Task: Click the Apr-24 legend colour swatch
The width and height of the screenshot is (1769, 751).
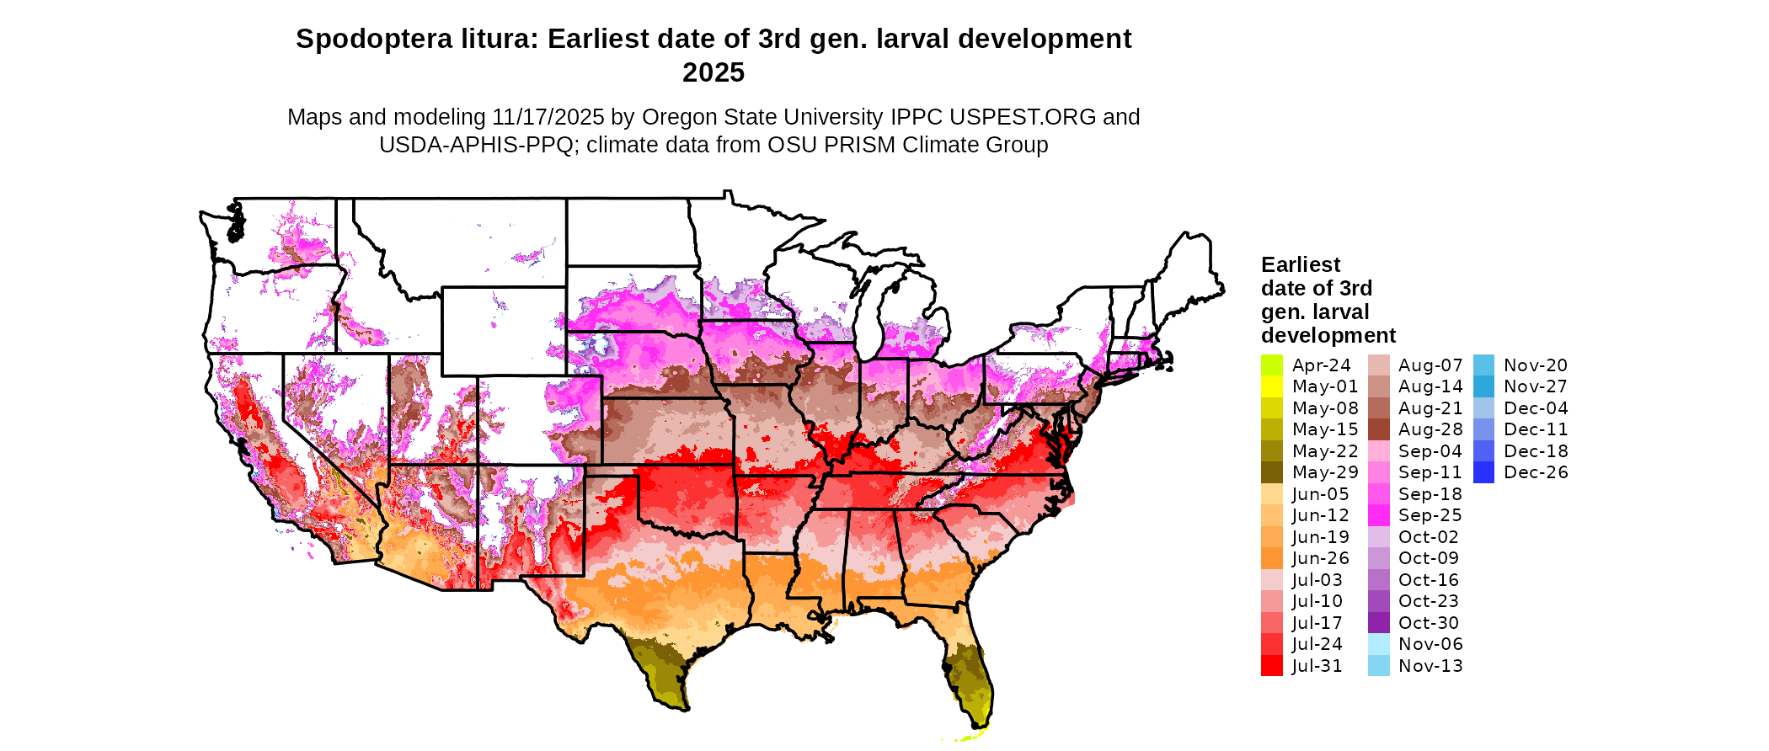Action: (x=1271, y=365)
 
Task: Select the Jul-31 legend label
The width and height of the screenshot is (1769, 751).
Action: (x=1317, y=666)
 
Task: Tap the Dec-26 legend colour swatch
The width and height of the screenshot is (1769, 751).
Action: (x=1483, y=472)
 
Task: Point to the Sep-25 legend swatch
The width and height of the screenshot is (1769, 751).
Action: (x=1379, y=515)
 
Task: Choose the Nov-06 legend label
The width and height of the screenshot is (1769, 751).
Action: (x=1430, y=644)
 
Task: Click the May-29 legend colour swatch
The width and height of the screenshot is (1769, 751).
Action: (x=1271, y=472)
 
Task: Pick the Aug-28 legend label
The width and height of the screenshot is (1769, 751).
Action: (x=1430, y=429)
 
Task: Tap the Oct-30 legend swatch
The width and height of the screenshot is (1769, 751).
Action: (x=1379, y=623)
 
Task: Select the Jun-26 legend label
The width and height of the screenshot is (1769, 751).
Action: (x=1321, y=558)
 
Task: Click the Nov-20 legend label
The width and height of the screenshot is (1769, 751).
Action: (x=1536, y=365)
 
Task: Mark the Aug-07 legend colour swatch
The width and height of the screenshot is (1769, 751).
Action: (x=1379, y=365)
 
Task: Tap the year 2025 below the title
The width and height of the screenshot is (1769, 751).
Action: (x=713, y=73)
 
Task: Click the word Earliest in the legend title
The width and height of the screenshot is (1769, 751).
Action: (x=1300, y=265)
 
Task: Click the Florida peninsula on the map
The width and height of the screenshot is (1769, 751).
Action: (x=969, y=674)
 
